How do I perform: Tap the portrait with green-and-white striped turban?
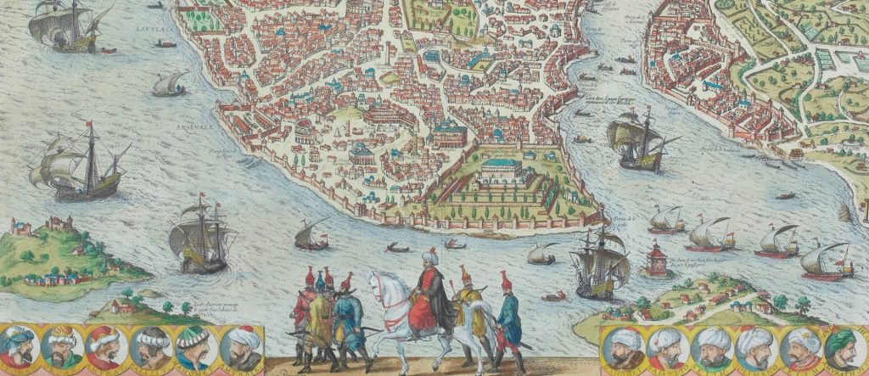click(x=193, y=346)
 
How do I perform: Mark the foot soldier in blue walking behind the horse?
click(x=508, y=318)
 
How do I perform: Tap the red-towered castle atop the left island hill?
click(x=59, y=224)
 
